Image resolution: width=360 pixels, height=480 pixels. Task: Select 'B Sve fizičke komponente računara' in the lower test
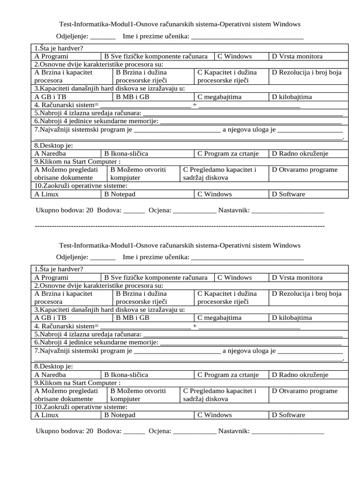156,277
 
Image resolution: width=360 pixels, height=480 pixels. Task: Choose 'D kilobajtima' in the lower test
292,318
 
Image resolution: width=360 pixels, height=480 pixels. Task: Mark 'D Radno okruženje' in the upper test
300,153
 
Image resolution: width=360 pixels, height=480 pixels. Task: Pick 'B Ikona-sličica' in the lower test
126,375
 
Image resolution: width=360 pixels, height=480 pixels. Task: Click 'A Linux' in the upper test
47,194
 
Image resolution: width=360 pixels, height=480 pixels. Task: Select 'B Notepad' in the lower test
120,415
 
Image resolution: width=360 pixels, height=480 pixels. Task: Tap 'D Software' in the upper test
288,194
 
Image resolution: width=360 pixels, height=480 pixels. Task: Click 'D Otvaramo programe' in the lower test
305,391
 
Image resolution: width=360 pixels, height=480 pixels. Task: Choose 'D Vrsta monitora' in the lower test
297,277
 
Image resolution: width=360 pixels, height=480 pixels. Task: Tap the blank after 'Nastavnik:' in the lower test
287,432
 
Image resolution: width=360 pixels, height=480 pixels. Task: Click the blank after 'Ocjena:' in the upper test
195,211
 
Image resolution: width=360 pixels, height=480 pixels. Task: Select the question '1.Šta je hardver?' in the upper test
59,48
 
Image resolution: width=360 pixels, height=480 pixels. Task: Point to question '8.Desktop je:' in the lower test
54,366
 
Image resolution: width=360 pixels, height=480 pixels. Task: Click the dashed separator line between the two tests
180,226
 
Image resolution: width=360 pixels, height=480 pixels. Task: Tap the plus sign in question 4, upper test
195,105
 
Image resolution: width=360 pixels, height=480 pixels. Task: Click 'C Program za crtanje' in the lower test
228,375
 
